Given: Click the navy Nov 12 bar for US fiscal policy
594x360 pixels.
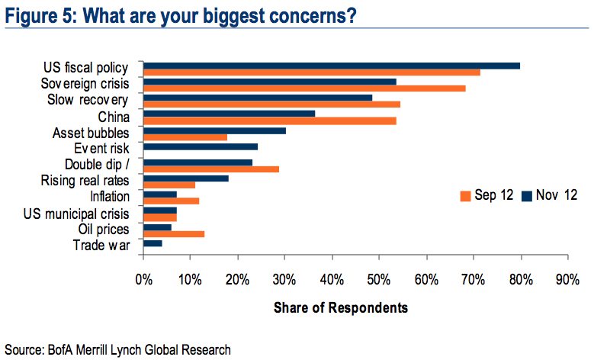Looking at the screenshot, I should coord(332,66).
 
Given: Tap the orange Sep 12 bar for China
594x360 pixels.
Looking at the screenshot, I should coord(269,121).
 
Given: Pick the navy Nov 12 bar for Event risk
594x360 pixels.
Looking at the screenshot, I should coord(201,146).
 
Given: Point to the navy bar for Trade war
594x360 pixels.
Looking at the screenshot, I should coord(153,243).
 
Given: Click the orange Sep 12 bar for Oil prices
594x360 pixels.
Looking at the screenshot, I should coord(174,234).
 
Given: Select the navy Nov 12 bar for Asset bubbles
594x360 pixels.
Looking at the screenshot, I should coord(214,130).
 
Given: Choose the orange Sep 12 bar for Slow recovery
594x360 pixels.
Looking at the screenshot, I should coord(271,104).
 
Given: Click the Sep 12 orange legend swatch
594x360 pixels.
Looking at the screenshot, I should coord(464,195).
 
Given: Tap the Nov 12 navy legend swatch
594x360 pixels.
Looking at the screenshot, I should coord(526,195).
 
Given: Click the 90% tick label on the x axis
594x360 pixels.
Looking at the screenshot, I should coord(567,279).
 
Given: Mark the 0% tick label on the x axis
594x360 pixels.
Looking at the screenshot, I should coord(143,279).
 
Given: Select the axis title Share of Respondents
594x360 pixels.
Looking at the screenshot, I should coord(340,307).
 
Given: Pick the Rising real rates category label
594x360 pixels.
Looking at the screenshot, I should coord(90,181).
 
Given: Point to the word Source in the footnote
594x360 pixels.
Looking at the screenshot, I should coord(22,350).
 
